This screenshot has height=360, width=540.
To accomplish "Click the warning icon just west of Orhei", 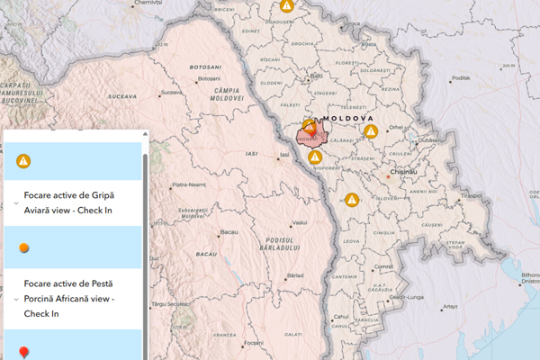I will click(x=370, y=131).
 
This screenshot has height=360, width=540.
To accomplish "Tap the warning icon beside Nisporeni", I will click(x=315, y=157).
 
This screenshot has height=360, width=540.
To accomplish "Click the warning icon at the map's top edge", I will click(x=286, y=5).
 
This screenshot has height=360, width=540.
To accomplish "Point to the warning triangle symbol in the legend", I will click(x=23, y=161).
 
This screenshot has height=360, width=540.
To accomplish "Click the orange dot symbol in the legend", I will click(x=23, y=247).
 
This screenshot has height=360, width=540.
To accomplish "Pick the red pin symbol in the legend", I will click(x=23, y=352).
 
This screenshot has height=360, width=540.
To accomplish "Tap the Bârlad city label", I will click(x=295, y=274).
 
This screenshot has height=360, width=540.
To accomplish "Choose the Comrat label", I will click(x=384, y=267).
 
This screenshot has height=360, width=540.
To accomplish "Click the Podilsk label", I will click(x=461, y=77).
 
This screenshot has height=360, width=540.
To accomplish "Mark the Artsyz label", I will click(x=448, y=306).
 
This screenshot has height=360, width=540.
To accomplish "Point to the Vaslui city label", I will click(x=301, y=221).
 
